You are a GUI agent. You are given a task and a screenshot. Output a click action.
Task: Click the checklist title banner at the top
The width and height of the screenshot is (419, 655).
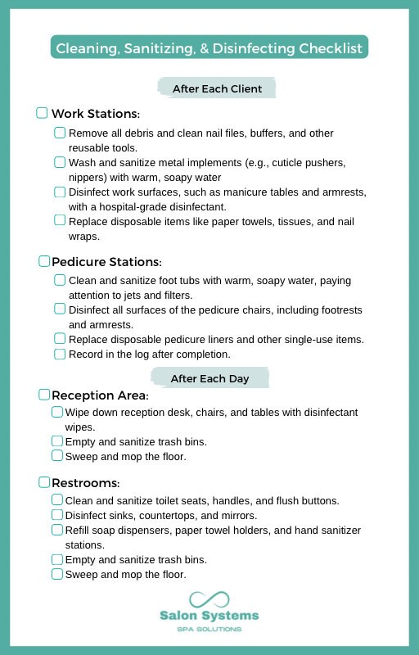click(209, 47)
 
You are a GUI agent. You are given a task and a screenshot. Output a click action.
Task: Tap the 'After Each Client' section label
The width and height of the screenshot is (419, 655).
click(217, 88)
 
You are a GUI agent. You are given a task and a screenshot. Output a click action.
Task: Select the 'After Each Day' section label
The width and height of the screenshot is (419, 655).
click(209, 378)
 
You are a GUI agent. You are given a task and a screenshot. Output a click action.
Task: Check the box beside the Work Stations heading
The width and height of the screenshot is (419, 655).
click(43, 113)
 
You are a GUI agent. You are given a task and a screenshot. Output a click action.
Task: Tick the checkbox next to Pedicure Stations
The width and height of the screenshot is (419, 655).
click(44, 261)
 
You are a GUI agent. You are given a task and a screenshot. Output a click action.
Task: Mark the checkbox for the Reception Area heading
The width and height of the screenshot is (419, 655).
click(44, 395)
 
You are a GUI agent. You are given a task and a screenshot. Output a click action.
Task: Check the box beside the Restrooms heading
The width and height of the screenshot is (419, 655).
click(44, 481)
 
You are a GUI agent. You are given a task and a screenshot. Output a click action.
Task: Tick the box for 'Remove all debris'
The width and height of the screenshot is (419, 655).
click(60, 133)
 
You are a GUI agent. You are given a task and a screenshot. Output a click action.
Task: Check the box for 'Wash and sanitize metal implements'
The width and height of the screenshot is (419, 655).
click(60, 162)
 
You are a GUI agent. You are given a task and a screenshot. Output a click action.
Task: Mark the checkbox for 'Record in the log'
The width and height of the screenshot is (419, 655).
click(60, 355)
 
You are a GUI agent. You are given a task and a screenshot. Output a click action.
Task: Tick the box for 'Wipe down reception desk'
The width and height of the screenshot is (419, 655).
click(57, 412)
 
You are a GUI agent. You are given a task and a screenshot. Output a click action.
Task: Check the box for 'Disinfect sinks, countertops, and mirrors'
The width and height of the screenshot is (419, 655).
click(57, 515)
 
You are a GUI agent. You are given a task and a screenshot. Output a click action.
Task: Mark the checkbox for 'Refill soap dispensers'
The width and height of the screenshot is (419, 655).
click(57, 530)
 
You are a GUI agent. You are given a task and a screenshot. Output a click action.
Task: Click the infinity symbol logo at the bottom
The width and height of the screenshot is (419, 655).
click(209, 599)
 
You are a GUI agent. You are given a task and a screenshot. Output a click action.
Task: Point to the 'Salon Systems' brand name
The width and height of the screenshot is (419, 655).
click(209, 616)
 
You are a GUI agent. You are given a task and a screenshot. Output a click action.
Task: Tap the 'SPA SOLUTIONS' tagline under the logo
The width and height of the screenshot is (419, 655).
click(209, 629)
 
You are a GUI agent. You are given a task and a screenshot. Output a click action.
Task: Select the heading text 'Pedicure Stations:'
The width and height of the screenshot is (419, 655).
click(106, 262)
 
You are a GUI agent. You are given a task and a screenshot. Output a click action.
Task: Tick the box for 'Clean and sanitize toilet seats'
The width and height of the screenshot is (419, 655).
click(57, 499)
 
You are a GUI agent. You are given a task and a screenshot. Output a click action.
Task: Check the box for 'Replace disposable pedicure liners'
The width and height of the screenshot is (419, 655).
click(60, 339)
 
